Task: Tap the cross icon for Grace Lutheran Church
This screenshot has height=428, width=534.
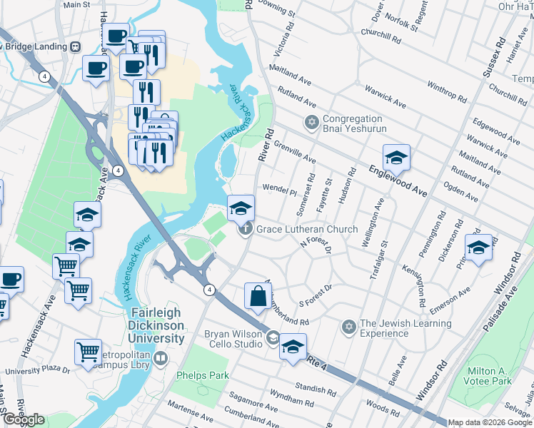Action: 245,229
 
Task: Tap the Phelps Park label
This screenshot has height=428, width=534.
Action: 203,374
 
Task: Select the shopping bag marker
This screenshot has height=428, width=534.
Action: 257,297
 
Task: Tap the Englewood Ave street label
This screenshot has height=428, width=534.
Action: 398,181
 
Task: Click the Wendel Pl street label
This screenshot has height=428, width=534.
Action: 279,190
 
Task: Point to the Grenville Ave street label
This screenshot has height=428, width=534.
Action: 294,152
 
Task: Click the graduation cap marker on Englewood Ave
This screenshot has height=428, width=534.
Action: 396,157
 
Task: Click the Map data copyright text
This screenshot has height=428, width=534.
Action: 489,422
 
